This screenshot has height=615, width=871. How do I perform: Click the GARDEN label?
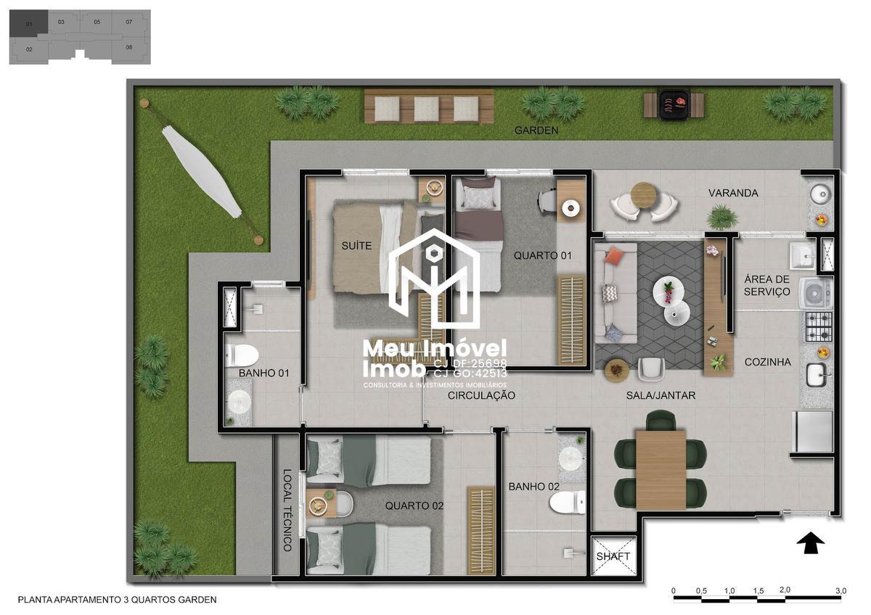click(536, 131)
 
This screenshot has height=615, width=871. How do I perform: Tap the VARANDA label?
click(734, 193)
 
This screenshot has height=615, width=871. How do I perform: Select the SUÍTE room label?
click(356, 246)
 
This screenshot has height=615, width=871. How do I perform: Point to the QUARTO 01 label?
click(543, 255)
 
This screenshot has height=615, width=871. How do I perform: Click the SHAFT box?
click(613, 556)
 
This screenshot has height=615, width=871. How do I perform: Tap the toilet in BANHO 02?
click(568, 502)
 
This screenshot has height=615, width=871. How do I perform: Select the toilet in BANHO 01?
click(241, 355)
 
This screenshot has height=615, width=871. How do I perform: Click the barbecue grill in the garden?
click(674, 103)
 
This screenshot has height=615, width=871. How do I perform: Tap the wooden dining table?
click(661, 469)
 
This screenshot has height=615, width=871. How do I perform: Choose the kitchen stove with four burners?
click(817, 327)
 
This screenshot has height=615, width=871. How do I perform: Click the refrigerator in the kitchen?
click(814, 432)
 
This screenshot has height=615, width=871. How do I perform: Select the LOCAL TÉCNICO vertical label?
click(287, 511)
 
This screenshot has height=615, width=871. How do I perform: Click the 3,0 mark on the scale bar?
click(841, 591)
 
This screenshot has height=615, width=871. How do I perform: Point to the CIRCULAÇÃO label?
click(481, 395)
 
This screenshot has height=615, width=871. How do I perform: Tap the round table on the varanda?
click(643, 194)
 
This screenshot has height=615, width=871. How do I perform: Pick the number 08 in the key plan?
click(128, 47)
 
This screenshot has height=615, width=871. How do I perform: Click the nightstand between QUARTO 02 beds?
click(321, 502)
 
